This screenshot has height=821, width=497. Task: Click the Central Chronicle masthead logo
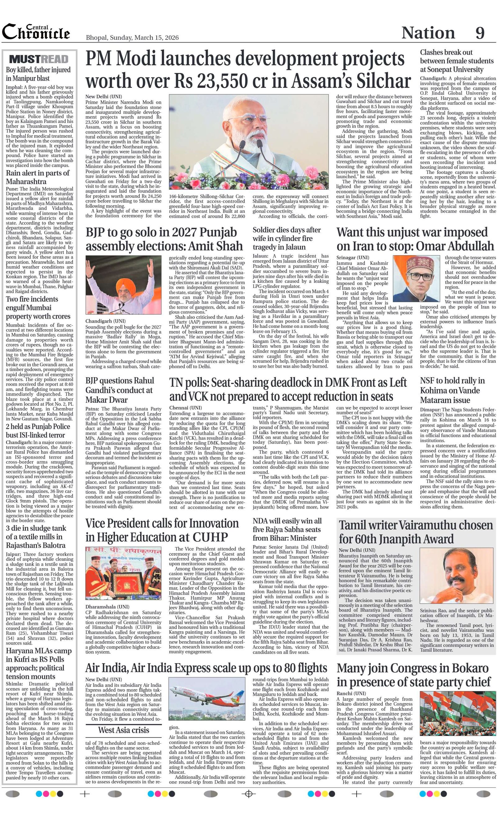tap(36, 33)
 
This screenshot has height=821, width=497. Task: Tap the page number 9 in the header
tap(480, 33)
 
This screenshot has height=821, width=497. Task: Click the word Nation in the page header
tap(428, 33)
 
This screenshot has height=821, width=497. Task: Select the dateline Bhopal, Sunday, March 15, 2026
tap(132, 38)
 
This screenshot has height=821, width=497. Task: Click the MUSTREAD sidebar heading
tap(39, 59)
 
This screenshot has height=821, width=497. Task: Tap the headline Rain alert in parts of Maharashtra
tap(38, 177)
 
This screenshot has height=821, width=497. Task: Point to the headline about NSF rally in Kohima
tap(452, 390)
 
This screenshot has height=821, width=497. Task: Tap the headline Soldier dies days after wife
tap(286, 238)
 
